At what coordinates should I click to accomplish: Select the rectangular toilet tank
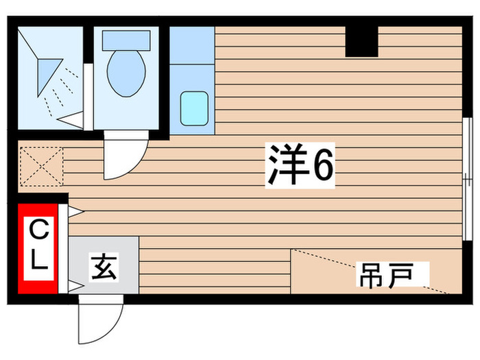click(x=126, y=38)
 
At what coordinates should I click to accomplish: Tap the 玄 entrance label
click(x=104, y=266)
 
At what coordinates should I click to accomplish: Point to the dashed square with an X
click(x=40, y=167)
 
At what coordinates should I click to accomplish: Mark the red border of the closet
click(x=21, y=247)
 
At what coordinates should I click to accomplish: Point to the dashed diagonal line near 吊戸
click(x=370, y=271)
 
